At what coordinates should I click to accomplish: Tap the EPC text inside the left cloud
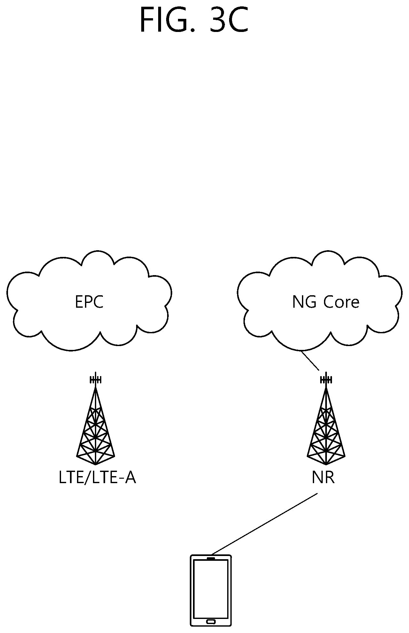pos(89,302)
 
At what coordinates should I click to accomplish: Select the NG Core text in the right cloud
pos(326,302)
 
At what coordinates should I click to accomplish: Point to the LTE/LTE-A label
pos(97,478)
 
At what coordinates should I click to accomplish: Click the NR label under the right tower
pos(323,478)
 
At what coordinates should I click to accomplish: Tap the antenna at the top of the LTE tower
pos(95,379)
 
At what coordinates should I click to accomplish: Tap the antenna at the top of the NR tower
pos(326,379)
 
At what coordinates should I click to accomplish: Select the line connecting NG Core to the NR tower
pos(310,361)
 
